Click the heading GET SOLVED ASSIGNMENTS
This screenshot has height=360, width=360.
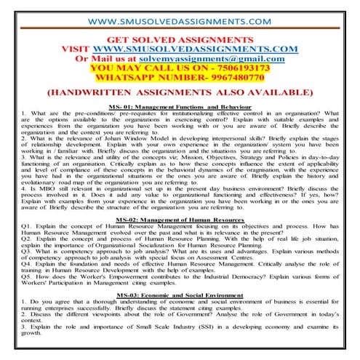click(180, 39)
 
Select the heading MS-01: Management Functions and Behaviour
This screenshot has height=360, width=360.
click(180, 106)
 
